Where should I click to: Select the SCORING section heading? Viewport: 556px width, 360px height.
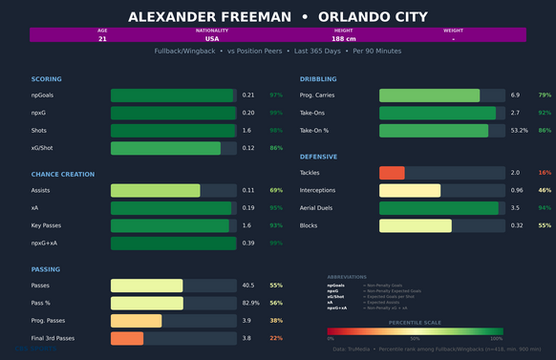[47, 78]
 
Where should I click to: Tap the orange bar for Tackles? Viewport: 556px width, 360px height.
[393, 173]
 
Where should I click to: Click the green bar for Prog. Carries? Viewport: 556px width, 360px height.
[429, 95]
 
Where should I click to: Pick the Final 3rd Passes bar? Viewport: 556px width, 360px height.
[127, 338]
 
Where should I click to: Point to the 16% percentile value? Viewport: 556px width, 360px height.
[545, 173]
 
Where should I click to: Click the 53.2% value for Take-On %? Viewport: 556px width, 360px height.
[520, 130]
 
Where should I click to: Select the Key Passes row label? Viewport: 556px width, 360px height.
[48, 225]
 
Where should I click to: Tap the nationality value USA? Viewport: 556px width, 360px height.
[212, 39]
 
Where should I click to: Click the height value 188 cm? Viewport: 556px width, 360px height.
[344, 39]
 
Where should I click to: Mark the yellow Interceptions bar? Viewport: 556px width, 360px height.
[410, 190]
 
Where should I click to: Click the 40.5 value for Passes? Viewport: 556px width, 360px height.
[248, 286]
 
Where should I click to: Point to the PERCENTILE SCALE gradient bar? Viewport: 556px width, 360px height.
[415, 333]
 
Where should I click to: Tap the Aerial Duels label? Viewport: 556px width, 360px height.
[316, 207]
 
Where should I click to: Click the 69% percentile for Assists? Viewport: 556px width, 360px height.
[276, 191]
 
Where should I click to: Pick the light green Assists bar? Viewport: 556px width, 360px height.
[156, 191]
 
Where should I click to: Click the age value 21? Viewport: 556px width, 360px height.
[102, 39]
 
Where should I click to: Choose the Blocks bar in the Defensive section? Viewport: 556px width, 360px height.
[416, 225]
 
